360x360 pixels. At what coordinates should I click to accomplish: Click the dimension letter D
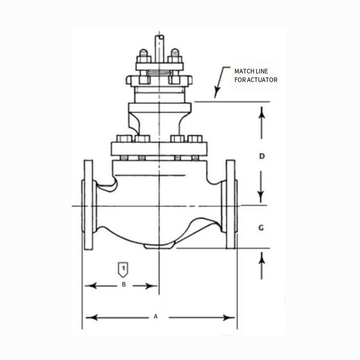262,156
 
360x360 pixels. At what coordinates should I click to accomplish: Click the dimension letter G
261,228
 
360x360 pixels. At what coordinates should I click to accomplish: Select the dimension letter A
156,317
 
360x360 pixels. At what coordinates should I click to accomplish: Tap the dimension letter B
124,284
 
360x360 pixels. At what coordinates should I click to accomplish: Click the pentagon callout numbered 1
123,269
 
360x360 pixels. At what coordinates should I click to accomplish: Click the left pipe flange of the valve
88,205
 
